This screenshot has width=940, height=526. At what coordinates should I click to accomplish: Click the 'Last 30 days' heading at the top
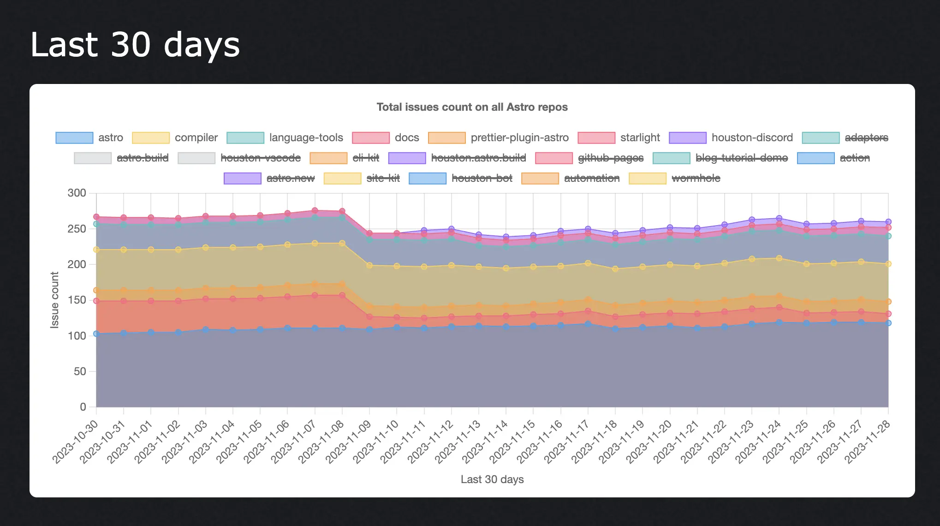[135, 45]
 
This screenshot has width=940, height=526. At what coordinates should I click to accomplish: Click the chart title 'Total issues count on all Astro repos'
[472, 107]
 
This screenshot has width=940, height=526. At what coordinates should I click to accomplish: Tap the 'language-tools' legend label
[306, 137]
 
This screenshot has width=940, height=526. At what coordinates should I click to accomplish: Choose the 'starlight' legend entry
[640, 137]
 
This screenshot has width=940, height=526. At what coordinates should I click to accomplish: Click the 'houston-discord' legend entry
[752, 137]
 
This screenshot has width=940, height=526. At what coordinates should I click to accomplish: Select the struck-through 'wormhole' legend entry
[696, 178]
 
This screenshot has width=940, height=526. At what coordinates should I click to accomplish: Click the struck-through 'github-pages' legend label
[611, 158]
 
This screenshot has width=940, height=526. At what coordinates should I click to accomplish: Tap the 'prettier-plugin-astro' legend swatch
[446, 137]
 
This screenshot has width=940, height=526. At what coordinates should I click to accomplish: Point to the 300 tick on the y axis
[77, 193]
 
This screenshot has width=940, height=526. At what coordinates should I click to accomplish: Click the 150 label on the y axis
[77, 300]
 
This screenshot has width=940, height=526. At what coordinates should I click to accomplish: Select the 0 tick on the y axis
[83, 406]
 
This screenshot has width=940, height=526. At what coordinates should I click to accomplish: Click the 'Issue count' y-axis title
[54, 300]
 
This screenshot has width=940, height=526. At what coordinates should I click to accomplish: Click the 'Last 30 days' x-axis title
[492, 479]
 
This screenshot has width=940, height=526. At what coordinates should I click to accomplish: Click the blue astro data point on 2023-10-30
[96, 334]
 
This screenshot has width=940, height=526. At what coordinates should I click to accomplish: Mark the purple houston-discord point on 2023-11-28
[888, 222]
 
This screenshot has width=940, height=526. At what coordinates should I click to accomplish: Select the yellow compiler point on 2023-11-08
[342, 243]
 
